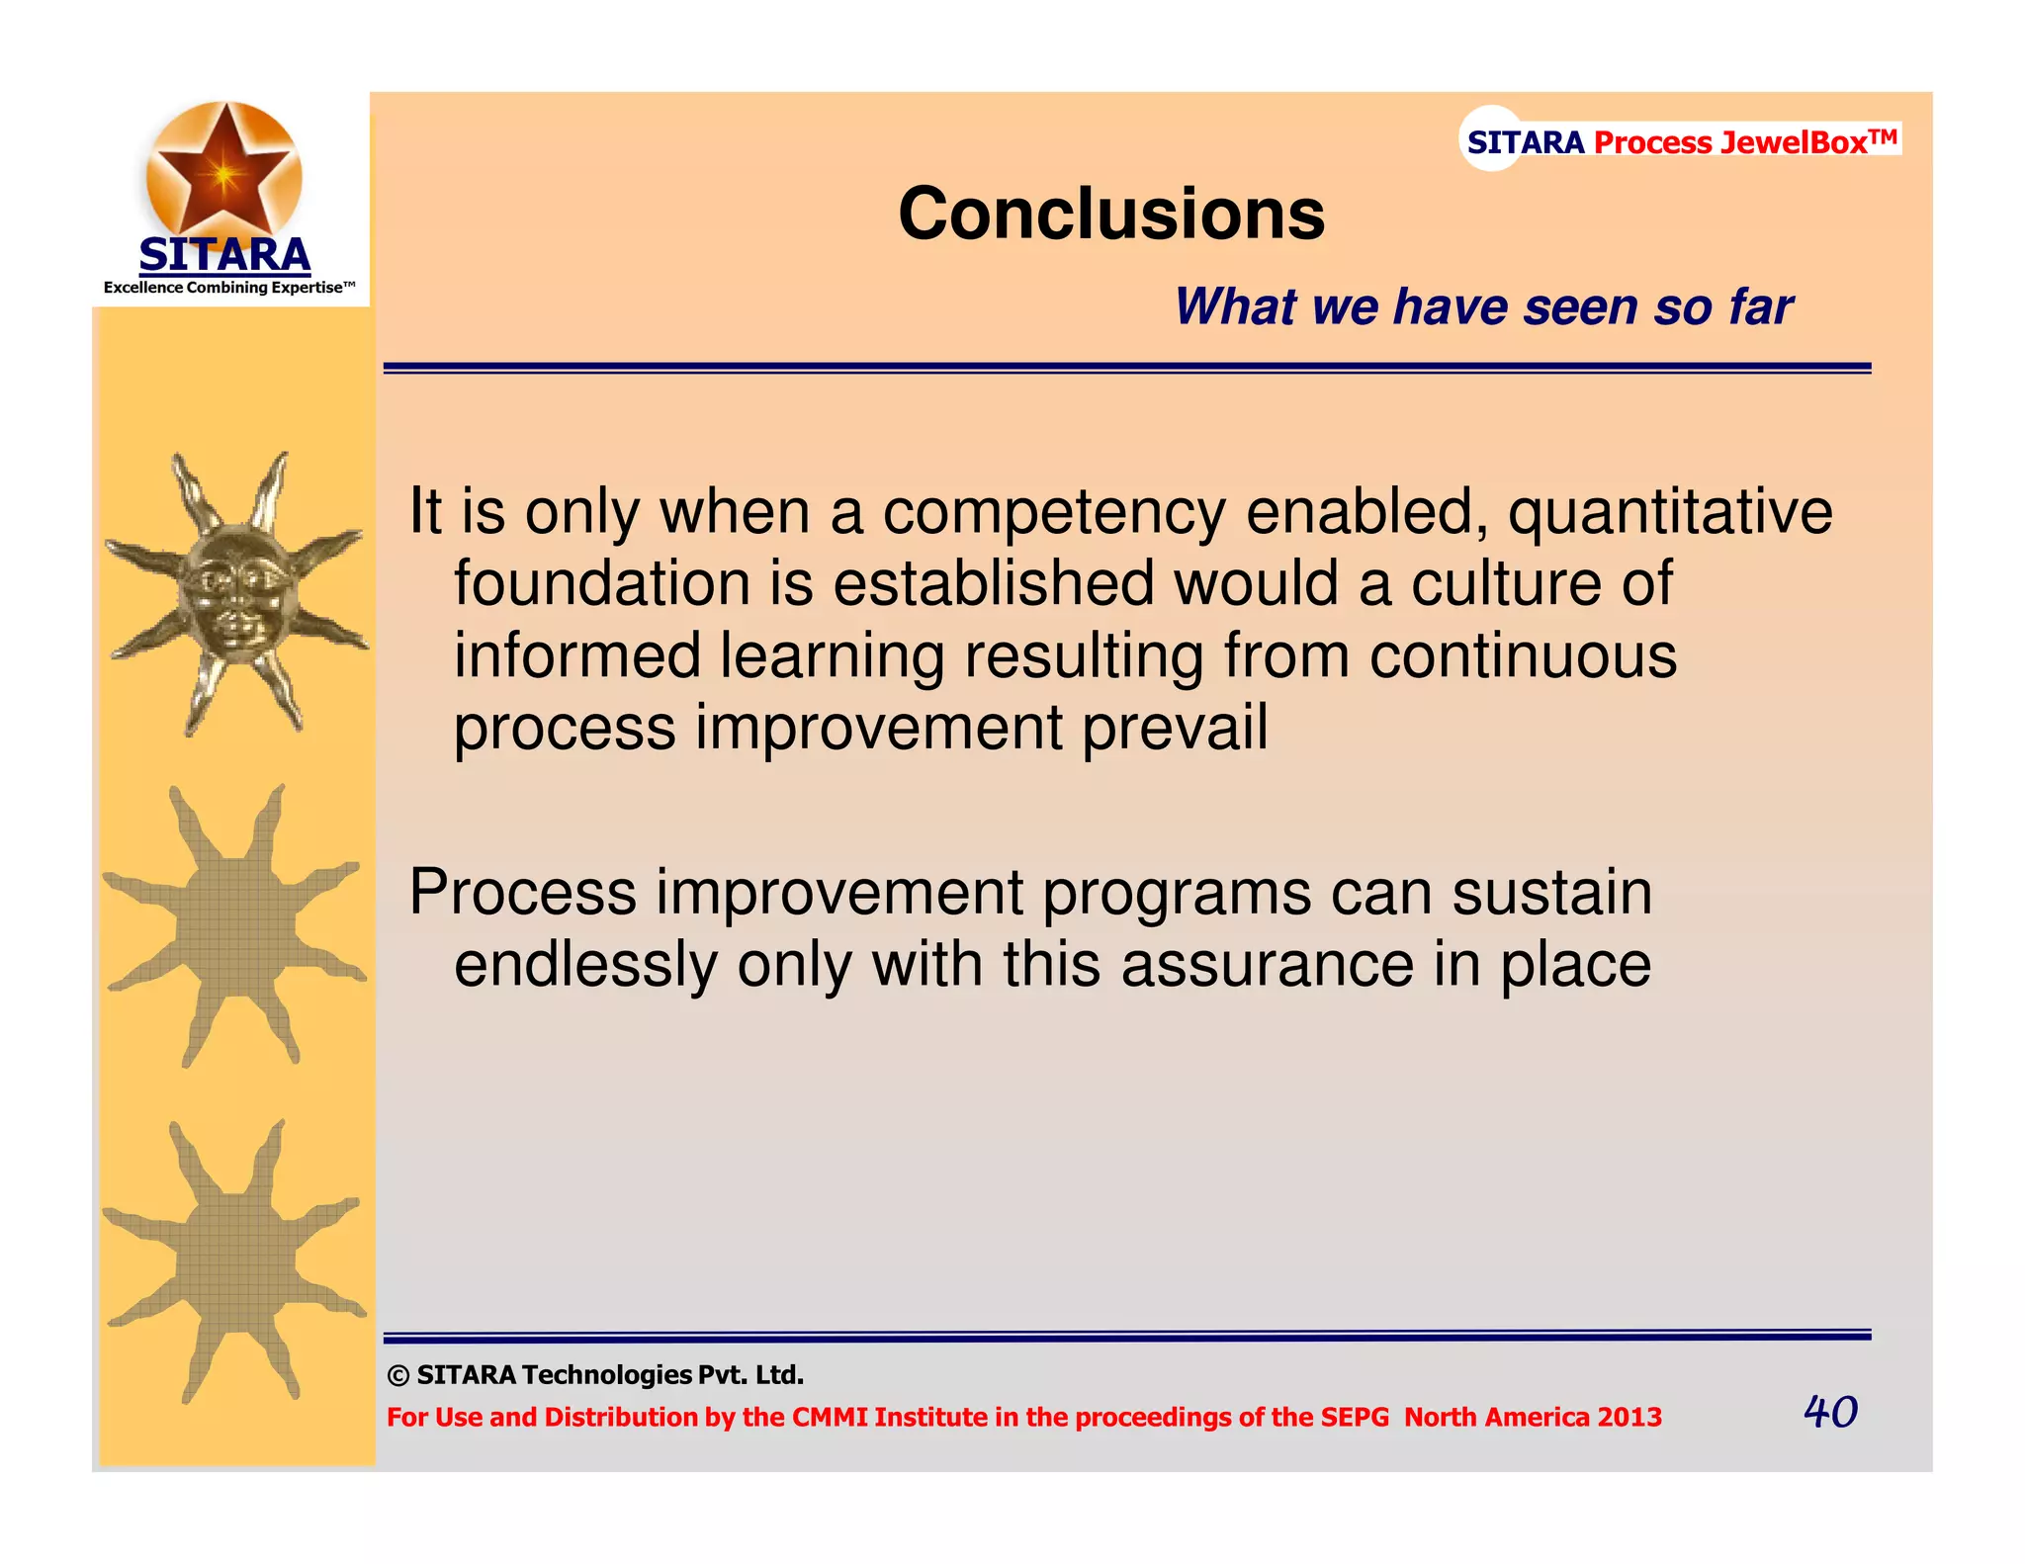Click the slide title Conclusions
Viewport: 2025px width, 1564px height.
pyautogui.click(x=1110, y=215)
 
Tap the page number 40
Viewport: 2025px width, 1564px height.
pyautogui.click(x=1829, y=1411)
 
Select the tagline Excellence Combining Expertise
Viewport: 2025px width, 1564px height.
pyautogui.click(x=228, y=288)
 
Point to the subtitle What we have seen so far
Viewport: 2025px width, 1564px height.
pyautogui.click(x=1482, y=306)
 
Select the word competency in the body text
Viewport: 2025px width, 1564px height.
pyautogui.click(x=1054, y=512)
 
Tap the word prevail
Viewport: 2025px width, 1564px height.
pyautogui.click(x=1175, y=728)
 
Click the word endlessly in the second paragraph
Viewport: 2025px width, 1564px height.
pyautogui.click(x=585, y=964)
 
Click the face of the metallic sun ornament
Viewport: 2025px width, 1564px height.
pyautogui.click(x=234, y=593)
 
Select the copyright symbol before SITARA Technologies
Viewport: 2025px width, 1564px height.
pyautogui.click(x=398, y=1376)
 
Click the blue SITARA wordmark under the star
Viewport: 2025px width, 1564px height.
pyautogui.click(x=224, y=255)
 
